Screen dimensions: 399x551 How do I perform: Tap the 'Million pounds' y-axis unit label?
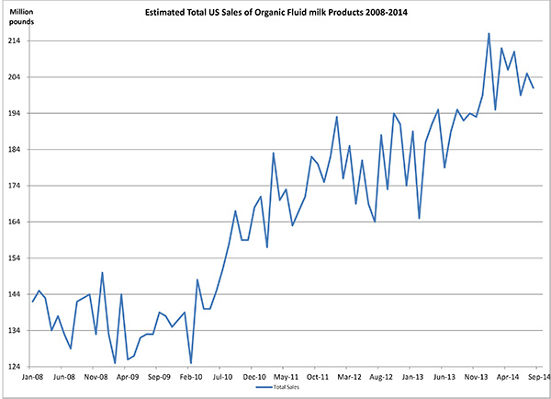[25, 20]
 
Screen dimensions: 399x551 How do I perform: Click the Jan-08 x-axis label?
[32, 377]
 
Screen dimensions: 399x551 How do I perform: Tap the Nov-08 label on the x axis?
[96, 377]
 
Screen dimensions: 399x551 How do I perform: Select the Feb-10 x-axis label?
[190, 377]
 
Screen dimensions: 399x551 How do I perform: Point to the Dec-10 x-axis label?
[253, 377]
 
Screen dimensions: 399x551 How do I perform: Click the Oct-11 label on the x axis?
[317, 377]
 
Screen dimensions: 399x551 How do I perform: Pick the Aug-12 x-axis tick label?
[380, 377]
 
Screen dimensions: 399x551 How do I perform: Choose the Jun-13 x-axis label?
[444, 377]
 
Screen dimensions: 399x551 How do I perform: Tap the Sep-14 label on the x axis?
[538, 377]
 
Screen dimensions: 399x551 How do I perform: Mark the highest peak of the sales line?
[489, 33]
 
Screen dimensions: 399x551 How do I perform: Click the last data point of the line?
[534, 88]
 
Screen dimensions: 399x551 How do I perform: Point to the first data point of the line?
[32, 302]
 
